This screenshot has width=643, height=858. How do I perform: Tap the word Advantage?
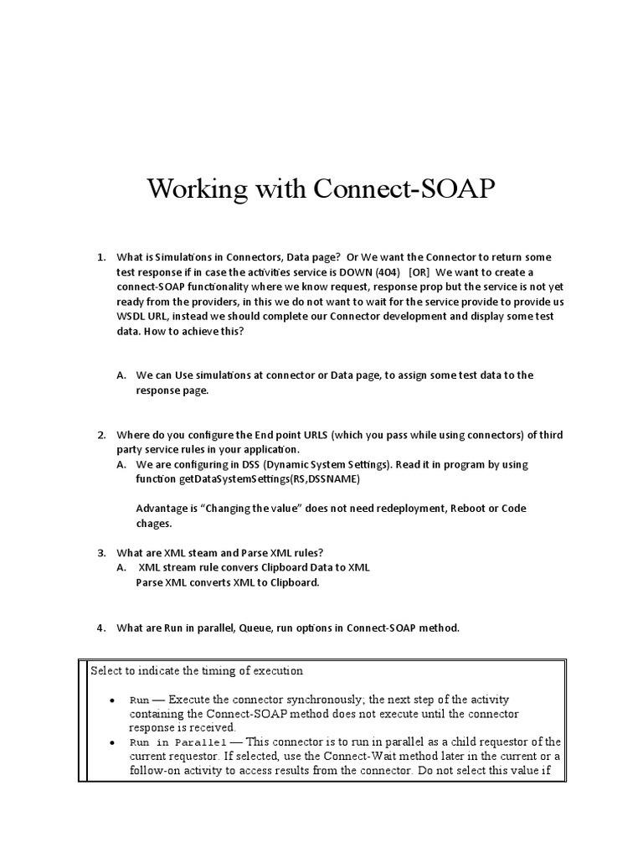tap(162, 509)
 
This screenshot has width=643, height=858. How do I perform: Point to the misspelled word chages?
tap(153, 524)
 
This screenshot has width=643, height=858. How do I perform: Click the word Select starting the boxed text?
tap(106, 671)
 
